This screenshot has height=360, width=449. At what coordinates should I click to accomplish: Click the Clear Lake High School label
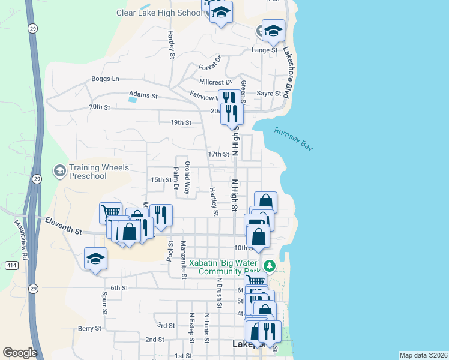(160, 13)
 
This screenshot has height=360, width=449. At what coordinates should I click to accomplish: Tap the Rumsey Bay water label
(294, 139)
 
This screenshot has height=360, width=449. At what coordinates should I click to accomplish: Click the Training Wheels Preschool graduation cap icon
(59, 172)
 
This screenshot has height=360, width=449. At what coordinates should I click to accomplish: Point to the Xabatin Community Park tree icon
(270, 264)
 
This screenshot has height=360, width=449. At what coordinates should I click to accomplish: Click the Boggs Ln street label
(106, 79)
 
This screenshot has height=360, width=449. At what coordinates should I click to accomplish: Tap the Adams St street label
(143, 95)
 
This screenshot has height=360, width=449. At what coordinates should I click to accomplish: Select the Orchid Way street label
(187, 178)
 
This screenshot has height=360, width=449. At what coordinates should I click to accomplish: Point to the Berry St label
(89, 328)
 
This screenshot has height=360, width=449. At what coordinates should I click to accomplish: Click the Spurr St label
(104, 303)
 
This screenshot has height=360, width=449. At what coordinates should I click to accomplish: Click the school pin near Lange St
(273, 29)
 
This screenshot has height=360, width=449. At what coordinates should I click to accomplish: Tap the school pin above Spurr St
(95, 258)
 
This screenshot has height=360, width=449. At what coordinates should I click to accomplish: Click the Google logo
(20, 353)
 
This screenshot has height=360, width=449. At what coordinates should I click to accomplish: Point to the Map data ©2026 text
(423, 355)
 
